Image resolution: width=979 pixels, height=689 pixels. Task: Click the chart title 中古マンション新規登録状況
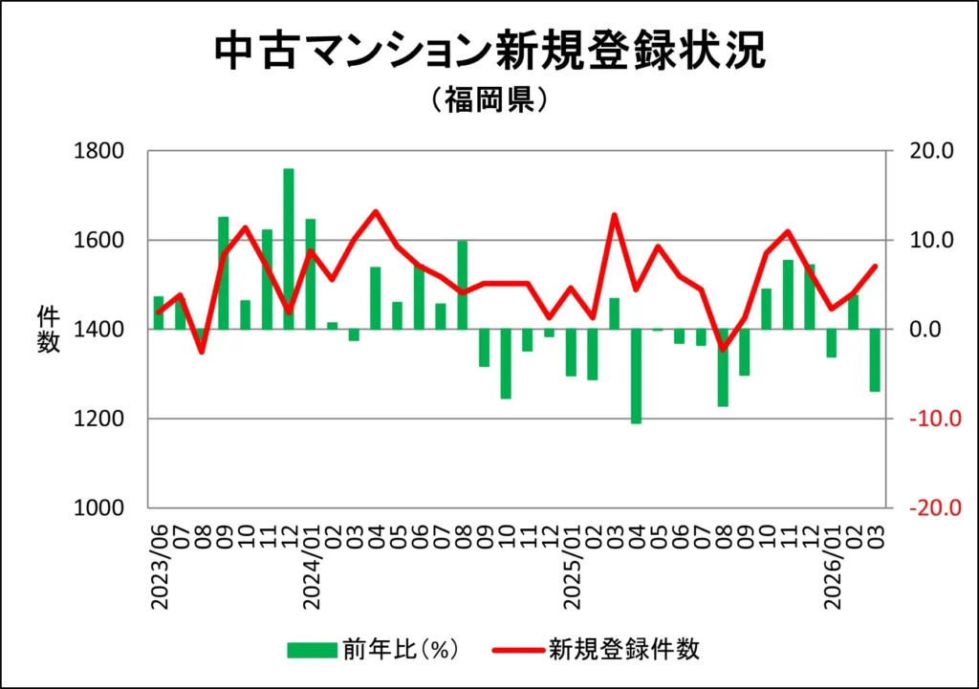point(489,52)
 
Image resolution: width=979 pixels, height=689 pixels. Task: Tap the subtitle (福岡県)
point(489,101)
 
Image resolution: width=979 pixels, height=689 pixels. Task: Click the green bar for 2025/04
point(636,376)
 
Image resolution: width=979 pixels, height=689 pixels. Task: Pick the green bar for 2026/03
point(874,360)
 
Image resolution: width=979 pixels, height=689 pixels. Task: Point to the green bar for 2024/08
point(463,285)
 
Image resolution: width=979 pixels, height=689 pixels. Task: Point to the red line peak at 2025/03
point(615,215)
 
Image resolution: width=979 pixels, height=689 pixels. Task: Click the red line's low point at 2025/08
point(723,349)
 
